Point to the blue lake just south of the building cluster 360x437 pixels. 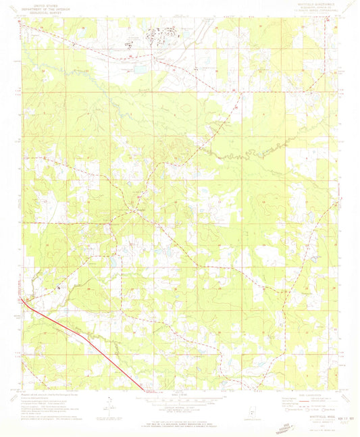(142, 68)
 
